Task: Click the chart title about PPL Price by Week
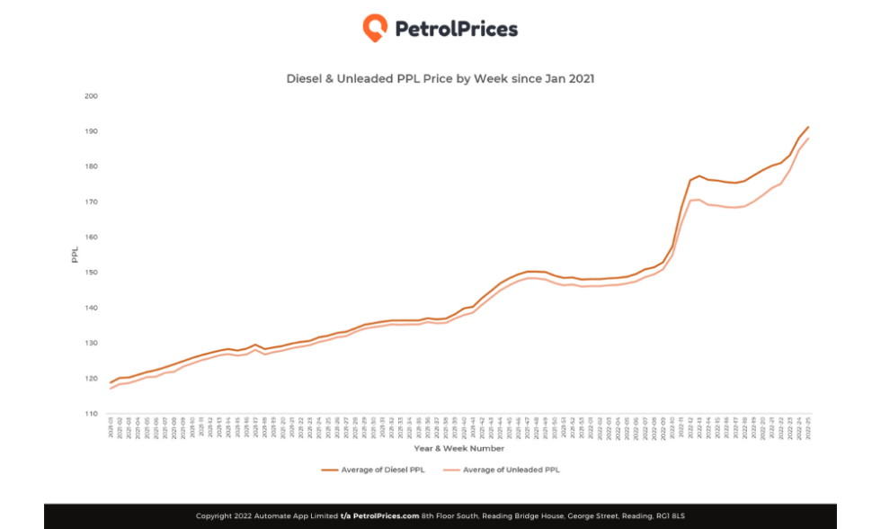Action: tap(440, 79)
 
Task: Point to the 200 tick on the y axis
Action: tap(92, 96)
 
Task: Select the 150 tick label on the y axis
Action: tap(92, 273)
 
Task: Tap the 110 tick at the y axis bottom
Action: tap(92, 414)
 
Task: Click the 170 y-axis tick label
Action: tap(92, 202)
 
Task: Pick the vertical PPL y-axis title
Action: tap(76, 255)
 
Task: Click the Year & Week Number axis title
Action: tap(458, 448)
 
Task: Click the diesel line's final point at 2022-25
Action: tap(808, 127)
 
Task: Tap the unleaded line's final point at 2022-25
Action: tap(808, 139)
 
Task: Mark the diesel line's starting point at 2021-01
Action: tap(111, 382)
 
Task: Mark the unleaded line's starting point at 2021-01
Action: tap(111, 389)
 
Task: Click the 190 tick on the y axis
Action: tap(92, 131)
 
